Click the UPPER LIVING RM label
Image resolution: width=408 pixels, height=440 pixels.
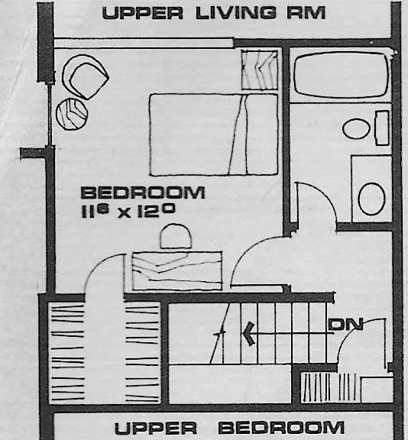[214, 13]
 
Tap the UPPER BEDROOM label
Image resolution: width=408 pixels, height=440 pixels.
[229, 428]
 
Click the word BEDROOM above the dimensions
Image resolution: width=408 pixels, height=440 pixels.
[143, 192]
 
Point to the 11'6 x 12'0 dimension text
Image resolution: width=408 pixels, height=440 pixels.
[128, 212]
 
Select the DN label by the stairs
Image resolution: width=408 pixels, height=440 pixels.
[346, 324]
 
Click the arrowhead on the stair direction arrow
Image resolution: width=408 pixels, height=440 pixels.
[249, 334]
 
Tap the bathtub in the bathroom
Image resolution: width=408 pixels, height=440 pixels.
[342, 75]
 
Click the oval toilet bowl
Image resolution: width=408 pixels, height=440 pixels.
[356, 128]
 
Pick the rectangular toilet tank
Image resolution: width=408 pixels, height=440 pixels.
[382, 128]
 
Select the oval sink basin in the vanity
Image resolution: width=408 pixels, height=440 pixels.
[371, 199]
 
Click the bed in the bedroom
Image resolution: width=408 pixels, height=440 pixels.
[214, 134]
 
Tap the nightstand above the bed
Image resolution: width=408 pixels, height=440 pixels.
[260, 70]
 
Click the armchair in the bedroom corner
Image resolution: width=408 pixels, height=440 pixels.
[86, 77]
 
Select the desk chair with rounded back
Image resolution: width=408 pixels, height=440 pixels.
[176, 236]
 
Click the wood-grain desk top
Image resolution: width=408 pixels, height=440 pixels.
[177, 270]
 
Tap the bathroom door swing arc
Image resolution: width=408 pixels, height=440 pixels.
[325, 194]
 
